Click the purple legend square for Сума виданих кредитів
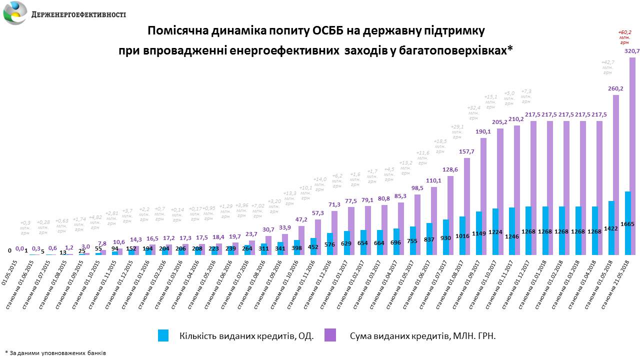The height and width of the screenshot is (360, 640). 330,335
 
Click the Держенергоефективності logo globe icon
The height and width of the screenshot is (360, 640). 15,13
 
